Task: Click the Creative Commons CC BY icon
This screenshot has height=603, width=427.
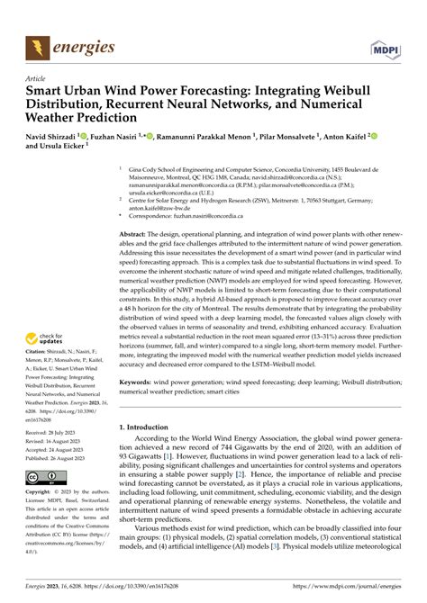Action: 43,475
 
